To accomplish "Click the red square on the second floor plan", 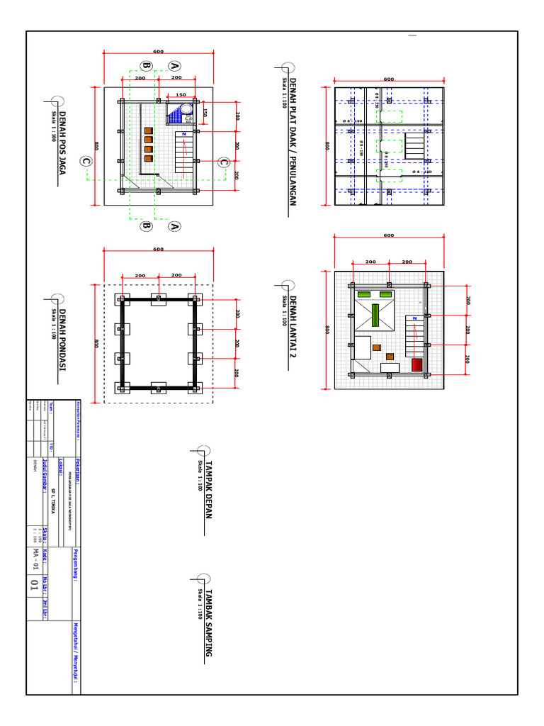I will [416, 364].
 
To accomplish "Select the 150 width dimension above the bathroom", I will [181, 94].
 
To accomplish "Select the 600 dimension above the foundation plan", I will [158, 249].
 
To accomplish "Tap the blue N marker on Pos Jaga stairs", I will [183, 134].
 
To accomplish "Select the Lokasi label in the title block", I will [61, 464].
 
